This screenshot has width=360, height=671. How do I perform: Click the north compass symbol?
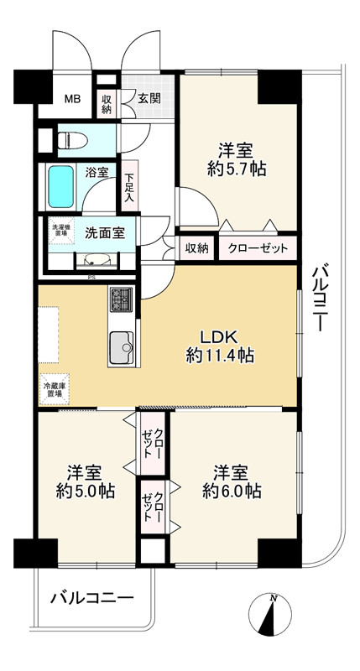(270, 614)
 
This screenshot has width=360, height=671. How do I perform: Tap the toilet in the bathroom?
(72, 140)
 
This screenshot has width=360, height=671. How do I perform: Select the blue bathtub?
(60, 187)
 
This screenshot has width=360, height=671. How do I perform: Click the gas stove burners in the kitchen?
(122, 299)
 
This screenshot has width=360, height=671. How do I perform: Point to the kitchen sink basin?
(122, 347)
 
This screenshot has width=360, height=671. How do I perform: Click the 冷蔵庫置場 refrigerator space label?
(54, 388)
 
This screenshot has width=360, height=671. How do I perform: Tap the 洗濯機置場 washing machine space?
(61, 231)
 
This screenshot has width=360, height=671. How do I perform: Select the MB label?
(72, 99)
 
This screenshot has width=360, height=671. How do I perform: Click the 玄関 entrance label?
(149, 98)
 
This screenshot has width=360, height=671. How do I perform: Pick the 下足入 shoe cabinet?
(129, 186)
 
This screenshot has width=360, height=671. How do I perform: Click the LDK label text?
(219, 338)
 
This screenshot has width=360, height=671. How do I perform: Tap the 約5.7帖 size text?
(237, 170)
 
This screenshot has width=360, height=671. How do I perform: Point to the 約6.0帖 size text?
(232, 491)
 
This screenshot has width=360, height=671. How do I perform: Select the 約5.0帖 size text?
(86, 492)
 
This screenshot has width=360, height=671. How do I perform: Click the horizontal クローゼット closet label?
(258, 249)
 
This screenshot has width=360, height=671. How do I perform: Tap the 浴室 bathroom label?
(97, 173)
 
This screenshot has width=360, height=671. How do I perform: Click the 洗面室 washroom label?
(105, 233)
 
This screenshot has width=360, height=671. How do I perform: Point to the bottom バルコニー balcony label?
(92, 597)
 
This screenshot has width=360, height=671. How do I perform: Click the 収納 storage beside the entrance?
(107, 103)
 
